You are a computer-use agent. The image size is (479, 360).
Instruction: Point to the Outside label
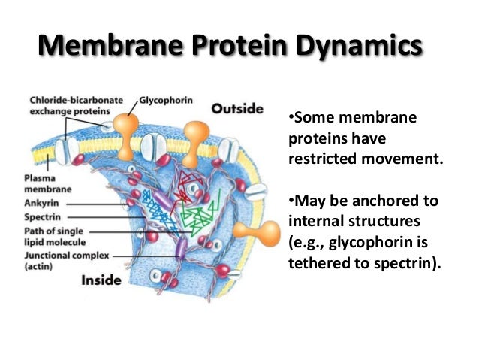[x=236, y=108]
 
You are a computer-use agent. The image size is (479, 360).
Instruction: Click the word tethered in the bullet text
[x=321, y=265]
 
